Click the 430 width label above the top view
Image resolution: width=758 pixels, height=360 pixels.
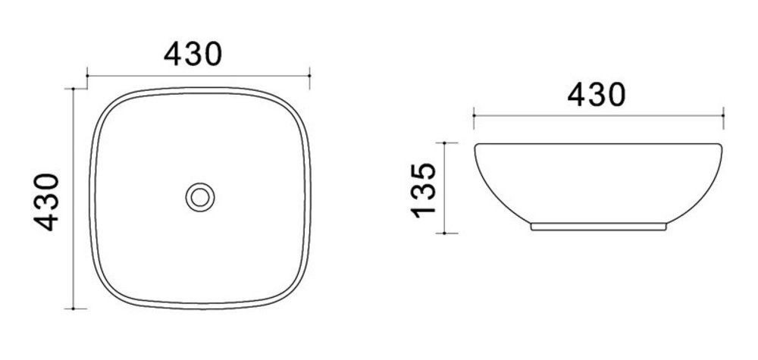[193, 54]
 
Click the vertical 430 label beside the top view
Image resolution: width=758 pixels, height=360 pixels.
[46, 202]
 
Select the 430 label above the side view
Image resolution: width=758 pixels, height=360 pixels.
[597, 94]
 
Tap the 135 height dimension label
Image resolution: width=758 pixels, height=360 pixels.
[424, 190]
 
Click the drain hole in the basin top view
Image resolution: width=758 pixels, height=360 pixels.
[200, 197]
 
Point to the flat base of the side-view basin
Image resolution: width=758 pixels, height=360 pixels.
[599, 227]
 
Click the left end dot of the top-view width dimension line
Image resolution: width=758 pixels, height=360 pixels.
[87, 76]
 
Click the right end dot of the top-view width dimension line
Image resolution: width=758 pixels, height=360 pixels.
[309, 76]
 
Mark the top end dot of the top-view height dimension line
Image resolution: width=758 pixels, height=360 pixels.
[73, 89]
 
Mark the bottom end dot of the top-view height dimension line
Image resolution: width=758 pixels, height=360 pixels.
[73, 308]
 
